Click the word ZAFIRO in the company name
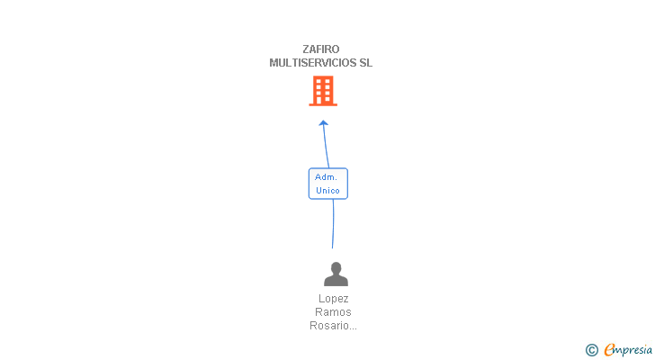click(x=321, y=49)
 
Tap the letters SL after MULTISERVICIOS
click(x=365, y=63)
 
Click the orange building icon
click(x=323, y=91)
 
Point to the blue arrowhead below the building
click(x=323, y=123)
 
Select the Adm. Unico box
click(x=327, y=184)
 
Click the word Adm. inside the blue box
click(x=326, y=177)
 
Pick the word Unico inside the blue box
click(x=327, y=191)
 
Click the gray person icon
click(x=336, y=274)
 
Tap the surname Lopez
click(x=333, y=299)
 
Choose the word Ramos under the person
click(x=333, y=312)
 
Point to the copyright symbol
click(x=592, y=350)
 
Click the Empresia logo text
click(x=628, y=350)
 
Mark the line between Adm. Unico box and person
click(x=333, y=224)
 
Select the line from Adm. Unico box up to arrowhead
click(x=326, y=147)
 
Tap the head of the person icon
click(x=336, y=267)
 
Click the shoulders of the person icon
click(x=336, y=280)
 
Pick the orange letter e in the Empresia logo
click(x=609, y=349)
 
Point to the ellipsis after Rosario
click(x=353, y=328)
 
